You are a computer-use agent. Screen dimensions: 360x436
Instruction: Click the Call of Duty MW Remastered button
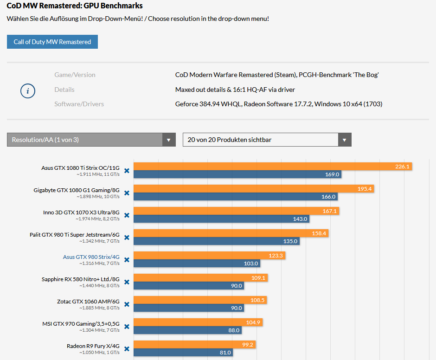(52, 42)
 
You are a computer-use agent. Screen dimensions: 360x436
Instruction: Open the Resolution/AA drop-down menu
(91, 140)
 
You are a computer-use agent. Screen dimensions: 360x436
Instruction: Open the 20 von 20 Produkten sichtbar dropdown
(267, 140)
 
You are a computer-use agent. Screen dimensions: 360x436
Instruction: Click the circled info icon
(28, 91)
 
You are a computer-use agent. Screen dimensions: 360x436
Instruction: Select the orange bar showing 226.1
(273, 167)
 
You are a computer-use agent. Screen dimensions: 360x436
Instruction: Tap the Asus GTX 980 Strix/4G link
(91, 257)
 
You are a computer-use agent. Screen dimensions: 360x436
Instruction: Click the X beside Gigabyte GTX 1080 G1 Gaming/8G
(127, 193)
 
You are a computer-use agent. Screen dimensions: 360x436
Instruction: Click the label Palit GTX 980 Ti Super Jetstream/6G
(74, 235)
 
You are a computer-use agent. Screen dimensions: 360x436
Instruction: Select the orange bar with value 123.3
(209, 256)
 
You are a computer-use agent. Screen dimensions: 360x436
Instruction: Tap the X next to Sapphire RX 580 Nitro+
(127, 282)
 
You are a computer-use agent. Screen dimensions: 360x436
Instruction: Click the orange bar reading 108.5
(200, 300)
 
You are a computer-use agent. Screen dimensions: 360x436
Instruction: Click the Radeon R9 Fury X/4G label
(93, 346)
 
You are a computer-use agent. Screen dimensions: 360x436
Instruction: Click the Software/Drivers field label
(79, 104)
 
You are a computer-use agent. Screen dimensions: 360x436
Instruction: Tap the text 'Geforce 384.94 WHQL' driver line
(278, 104)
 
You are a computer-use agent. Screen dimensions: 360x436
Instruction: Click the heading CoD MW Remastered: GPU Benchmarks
(75, 6)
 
